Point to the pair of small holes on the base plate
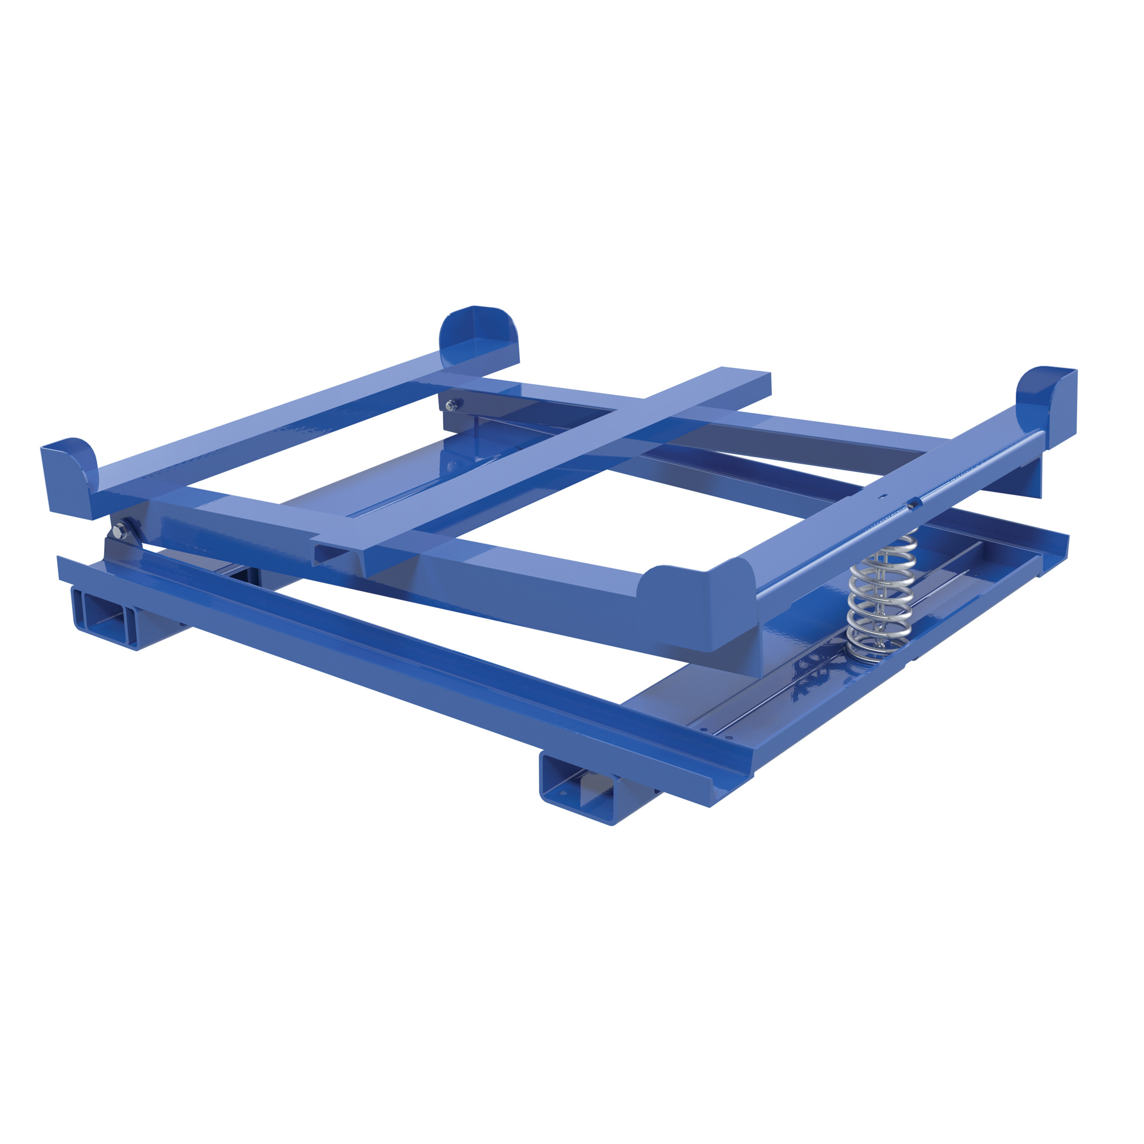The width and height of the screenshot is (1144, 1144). (717, 734)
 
